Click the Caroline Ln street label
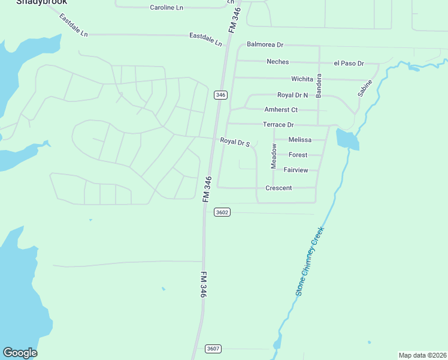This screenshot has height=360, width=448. tap(167, 8)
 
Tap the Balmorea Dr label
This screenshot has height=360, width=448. tap(265, 45)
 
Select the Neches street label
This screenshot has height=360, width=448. tap(278, 62)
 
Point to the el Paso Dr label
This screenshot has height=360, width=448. tap(349, 63)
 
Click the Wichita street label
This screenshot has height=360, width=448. tap(302, 79)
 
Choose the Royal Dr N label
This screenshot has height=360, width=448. tap(292, 95)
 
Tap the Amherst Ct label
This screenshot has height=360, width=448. tap(281, 110)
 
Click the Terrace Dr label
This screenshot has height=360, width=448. tap(279, 125)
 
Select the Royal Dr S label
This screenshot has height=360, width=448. tap(234, 142)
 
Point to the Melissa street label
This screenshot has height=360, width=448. tap(300, 140)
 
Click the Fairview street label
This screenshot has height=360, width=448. tap(296, 170)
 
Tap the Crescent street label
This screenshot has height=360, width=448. tap(279, 188)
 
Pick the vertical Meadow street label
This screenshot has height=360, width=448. tap(274, 155)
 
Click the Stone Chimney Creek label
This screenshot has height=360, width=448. tap(310, 261)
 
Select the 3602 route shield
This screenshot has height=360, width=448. tap(222, 212)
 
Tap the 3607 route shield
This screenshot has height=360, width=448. tap(213, 349)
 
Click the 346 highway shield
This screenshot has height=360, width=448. tap(220, 95)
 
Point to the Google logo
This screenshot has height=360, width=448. tap(20, 353)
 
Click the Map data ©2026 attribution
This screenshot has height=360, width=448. tap(422, 355)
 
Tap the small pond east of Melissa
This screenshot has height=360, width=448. tap(347, 140)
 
